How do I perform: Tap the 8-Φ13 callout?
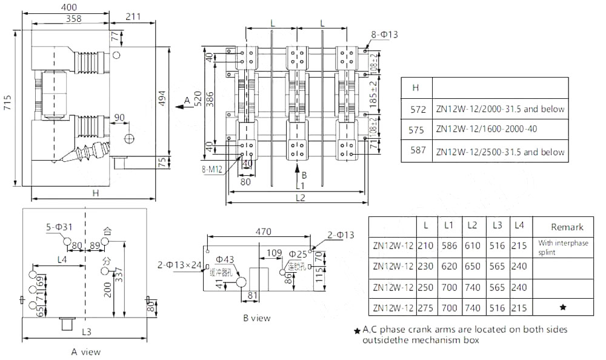pyautogui.click(x=386, y=35)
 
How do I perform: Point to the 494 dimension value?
pyautogui.click(x=162, y=103)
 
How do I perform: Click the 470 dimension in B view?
pyautogui.click(x=261, y=232)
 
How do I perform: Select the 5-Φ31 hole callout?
pyautogui.click(x=59, y=227)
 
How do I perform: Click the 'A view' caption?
pyautogui.click(x=86, y=352)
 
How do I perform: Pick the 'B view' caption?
pyautogui.click(x=256, y=318)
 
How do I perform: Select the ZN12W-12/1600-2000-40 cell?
pyautogui.click(x=486, y=129)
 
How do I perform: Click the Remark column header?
pyautogui.click(x=567, y=227)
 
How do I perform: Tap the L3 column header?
pyautogui.click(x=497, y=225)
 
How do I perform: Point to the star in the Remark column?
pyautogui.click(x=562, y=308)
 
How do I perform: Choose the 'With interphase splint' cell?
pyautogui.click(x=562, y=247)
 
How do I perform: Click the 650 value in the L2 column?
pyautogui.click(x=473, y=266)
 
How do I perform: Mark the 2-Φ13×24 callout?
pyautogui.click(x=179, y=264)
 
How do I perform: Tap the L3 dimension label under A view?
pyautogui.click(x=86, y=332)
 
